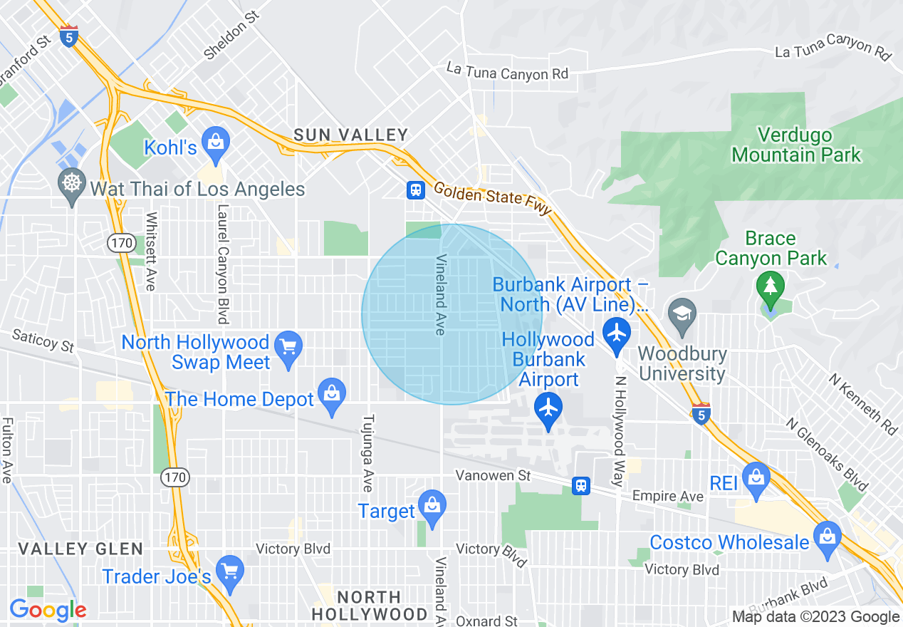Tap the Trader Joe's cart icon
click(229, 573)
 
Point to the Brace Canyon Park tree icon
click(770, 288)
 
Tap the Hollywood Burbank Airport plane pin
click(548, 410)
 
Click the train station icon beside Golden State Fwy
click(416, 190)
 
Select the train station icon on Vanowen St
click(582, 486)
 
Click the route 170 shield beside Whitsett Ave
click(120, 244)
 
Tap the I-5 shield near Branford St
click(69, 36)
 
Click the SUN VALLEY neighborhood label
click(351, 135)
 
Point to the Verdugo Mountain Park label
click(795, 145)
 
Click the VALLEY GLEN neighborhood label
click(80, 549)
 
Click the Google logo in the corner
click(48, 610)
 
